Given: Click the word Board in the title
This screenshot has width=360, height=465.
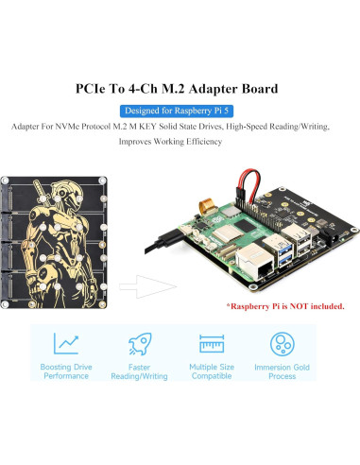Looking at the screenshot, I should pyautogui.click(x=254, y=90).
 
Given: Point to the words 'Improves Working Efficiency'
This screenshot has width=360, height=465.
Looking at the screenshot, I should pyautogui.click(x=170, y=143).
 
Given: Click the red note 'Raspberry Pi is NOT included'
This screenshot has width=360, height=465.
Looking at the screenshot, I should pyautogui.click(x=285, y=307).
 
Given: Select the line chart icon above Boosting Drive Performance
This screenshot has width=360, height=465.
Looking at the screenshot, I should pyautogui.click(x=65, y=342).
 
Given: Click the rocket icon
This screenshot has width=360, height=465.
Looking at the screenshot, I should pyautogui.click(x=139, y=342).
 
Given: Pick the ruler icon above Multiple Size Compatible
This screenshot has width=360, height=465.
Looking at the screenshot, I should pyautogui.click(x=213, y=342).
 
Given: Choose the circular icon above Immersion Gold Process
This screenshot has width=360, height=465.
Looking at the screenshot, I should pyautogui.click(x=284, y=342).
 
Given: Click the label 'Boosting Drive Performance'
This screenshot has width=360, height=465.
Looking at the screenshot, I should pyautogui.click(x=65, y=370).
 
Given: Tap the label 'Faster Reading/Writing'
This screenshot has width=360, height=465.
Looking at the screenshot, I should pyautogui.click(x=139, y=370).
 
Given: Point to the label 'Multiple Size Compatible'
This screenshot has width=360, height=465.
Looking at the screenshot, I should pyautogui.click(x=213, y=370).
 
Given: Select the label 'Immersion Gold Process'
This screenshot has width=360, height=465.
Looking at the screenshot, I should pyautogui.click(x=285, y=370).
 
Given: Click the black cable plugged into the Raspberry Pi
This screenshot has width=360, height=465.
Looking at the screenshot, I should pyautogui.click(x=165, y=240).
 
